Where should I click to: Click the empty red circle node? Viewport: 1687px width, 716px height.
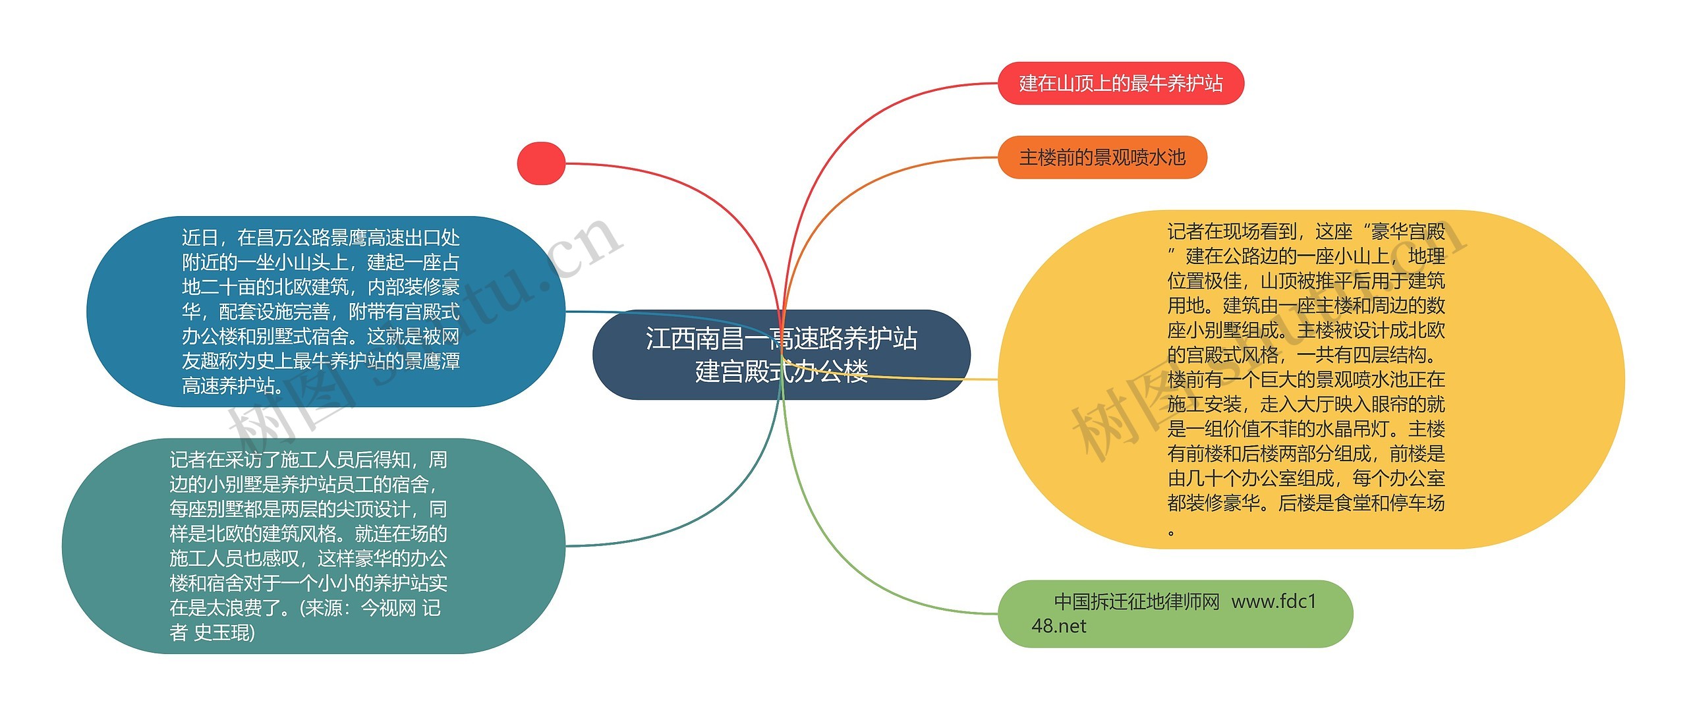pos(541,163)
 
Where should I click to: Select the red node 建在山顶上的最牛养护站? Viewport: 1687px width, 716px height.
pos(1120,84)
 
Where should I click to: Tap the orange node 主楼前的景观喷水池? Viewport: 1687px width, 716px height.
pos(1102,157)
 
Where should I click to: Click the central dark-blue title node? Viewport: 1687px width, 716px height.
pos(781,354)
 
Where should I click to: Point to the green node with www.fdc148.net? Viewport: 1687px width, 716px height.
pos(1175,614)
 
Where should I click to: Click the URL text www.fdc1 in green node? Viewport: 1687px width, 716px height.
pos(1273,601)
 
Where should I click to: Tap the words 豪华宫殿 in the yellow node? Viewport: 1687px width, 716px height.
pos(1408,232)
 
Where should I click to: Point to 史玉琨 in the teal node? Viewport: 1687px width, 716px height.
pos(224,633)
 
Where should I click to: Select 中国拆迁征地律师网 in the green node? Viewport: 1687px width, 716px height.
pos(1137,601)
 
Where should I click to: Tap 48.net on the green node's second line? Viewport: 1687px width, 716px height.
pos(1058,626)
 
